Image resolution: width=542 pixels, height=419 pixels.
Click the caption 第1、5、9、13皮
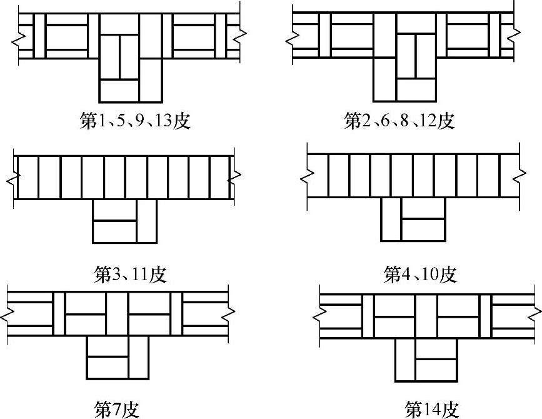click(135, 121)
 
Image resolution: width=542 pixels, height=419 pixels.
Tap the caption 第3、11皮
click(131, 275)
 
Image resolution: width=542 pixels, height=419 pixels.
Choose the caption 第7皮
click(117, 410)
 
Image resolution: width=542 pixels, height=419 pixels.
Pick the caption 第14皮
click(432, 410)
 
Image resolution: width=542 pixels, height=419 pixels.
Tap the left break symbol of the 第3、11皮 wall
click(14, 178)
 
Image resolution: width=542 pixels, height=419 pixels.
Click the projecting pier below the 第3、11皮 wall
click(124, 221)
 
